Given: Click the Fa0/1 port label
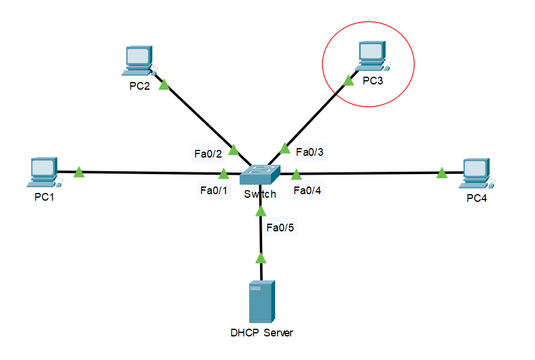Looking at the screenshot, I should coord(214,191).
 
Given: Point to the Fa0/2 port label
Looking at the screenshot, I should coord(208,154).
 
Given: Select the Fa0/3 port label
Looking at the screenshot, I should coord(310,152).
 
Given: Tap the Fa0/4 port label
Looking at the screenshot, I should coord(308,190).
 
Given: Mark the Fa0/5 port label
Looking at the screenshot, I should coord(280,227).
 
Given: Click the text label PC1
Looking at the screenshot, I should coord(44,197).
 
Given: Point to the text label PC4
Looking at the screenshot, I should coord(477,198).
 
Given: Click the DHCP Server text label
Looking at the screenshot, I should coord(262,333).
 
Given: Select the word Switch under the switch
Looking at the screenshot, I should coord(260,194).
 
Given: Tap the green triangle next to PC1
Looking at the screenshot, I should coord(79,172).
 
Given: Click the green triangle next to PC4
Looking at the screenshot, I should coord(442,172).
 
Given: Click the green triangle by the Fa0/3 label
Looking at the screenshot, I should coord(285,148).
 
